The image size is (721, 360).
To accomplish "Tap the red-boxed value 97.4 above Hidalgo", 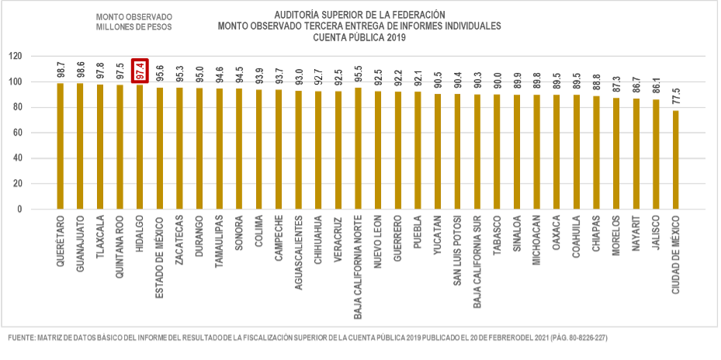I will tap(140, 70).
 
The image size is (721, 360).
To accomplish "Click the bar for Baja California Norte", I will tap(358, 148).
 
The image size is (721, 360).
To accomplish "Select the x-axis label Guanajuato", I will tap(81, 248).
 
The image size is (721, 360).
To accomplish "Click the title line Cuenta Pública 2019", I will tap(359, 36).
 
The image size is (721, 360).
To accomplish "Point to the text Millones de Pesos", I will tap(133, 26).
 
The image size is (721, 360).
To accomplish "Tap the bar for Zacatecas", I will tap(179, 148).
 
